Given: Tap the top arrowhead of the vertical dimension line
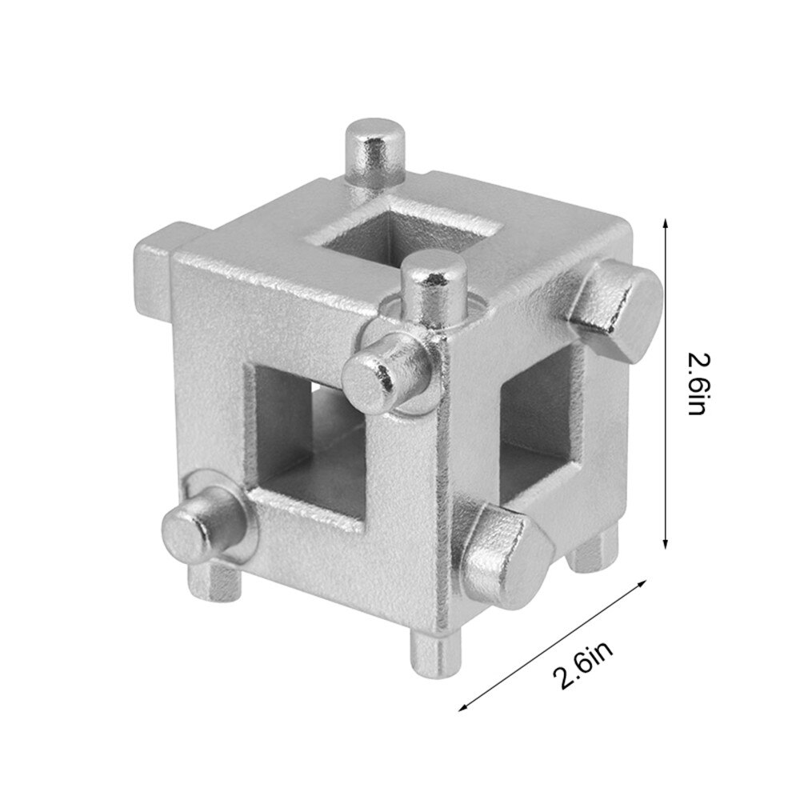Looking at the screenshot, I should coord(664,223).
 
